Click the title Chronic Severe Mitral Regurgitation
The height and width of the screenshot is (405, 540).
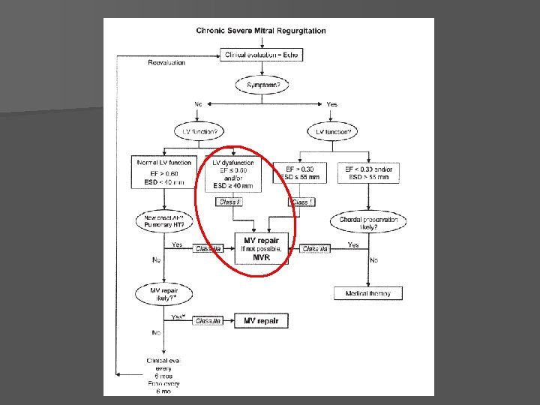[x=261, y=31]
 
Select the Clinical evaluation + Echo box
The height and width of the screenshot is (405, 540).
[x=262, y=54]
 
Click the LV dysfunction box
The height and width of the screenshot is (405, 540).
[x=232, y=173]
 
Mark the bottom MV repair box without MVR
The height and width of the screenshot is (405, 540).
[x=261, y=321]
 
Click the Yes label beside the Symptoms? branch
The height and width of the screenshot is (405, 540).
[x=331, y=103]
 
